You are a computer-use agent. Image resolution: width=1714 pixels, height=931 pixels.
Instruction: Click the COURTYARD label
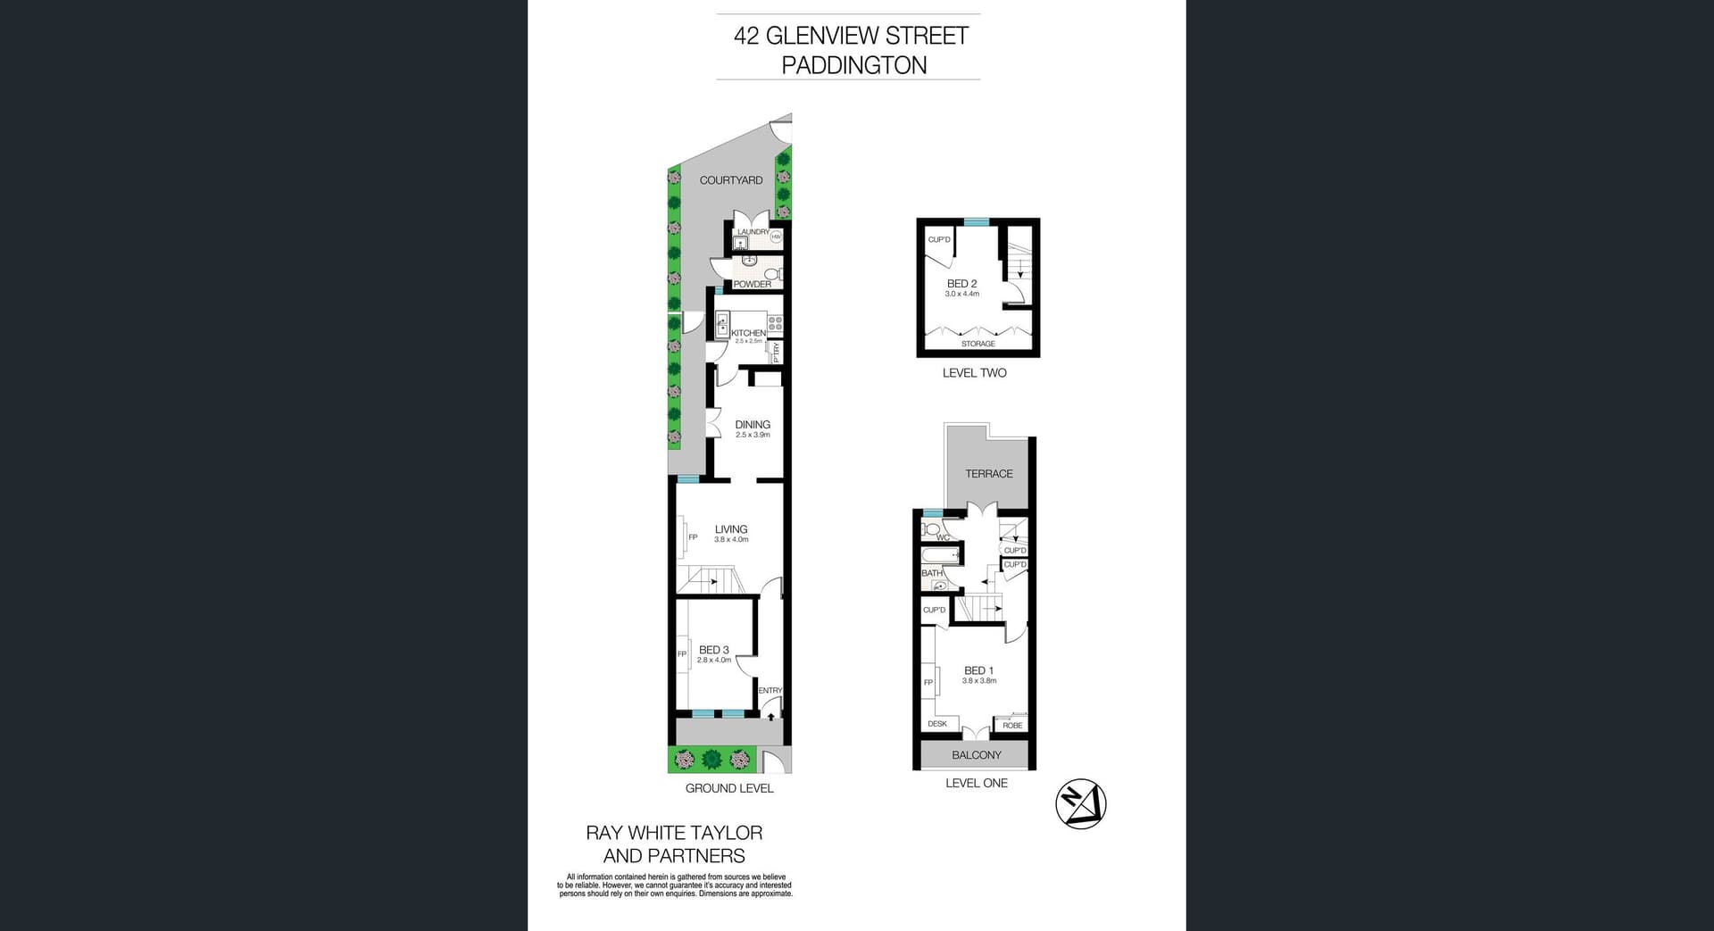(731, 180)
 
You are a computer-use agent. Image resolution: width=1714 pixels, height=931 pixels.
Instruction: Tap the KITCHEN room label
(748, 333)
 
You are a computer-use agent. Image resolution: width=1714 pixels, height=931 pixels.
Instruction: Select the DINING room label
(753, 425)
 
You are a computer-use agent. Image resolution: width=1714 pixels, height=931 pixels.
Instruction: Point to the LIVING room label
(731, 529)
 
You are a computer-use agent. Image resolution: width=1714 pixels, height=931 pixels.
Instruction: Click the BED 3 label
(714, 650)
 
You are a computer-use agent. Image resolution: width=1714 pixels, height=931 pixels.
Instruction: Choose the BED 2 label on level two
(961, 284)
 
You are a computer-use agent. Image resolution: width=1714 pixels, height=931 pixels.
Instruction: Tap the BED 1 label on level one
(978, 670)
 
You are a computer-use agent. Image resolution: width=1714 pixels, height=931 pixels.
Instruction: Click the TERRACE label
(989, 474)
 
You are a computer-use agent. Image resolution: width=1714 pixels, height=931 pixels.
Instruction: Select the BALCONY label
(977, 755)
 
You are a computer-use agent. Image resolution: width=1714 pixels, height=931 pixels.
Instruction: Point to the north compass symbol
(1081, 804)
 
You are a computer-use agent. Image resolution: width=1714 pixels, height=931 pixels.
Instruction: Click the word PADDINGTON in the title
(854, 65)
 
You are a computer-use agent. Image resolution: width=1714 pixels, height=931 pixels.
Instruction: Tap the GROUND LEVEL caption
(729, 788)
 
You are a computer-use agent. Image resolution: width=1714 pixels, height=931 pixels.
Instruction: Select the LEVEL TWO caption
(974, 373)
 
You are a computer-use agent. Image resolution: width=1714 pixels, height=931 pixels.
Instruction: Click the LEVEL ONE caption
(977, 783)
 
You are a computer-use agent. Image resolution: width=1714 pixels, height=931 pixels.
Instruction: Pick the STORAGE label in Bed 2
(978, 344)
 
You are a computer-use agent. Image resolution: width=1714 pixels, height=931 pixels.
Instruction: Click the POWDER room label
(753, 285)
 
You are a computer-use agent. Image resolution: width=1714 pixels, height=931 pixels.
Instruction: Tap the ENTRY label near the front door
(770, 691)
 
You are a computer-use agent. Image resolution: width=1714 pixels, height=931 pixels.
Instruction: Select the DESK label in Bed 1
(937, 724)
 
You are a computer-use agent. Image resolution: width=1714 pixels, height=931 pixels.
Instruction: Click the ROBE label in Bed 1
(1012, 726)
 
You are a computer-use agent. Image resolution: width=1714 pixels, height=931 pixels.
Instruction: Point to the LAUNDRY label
(753, 232)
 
